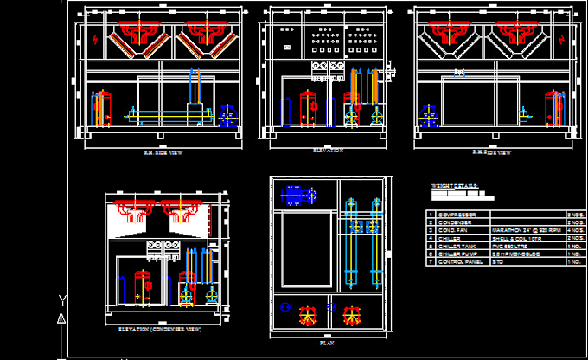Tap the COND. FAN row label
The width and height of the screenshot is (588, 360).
click(455, 230)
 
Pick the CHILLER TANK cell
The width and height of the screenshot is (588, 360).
click(457, 246)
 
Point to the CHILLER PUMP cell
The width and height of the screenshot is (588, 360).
click(457, 254)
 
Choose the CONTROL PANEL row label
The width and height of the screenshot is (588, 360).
click(458, 261)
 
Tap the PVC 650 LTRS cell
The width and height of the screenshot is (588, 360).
click(508, 246)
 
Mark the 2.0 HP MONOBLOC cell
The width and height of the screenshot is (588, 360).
click(511, 254)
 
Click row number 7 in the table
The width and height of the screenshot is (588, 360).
click(430, 261)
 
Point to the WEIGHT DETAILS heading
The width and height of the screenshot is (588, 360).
click(454, 185)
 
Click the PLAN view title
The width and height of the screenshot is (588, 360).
click(327, 343)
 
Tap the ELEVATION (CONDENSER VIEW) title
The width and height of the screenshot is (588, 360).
click(159, 329)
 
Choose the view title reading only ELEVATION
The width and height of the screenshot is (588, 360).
click(328, 150)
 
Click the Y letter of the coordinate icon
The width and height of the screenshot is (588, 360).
click(61, 300)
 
